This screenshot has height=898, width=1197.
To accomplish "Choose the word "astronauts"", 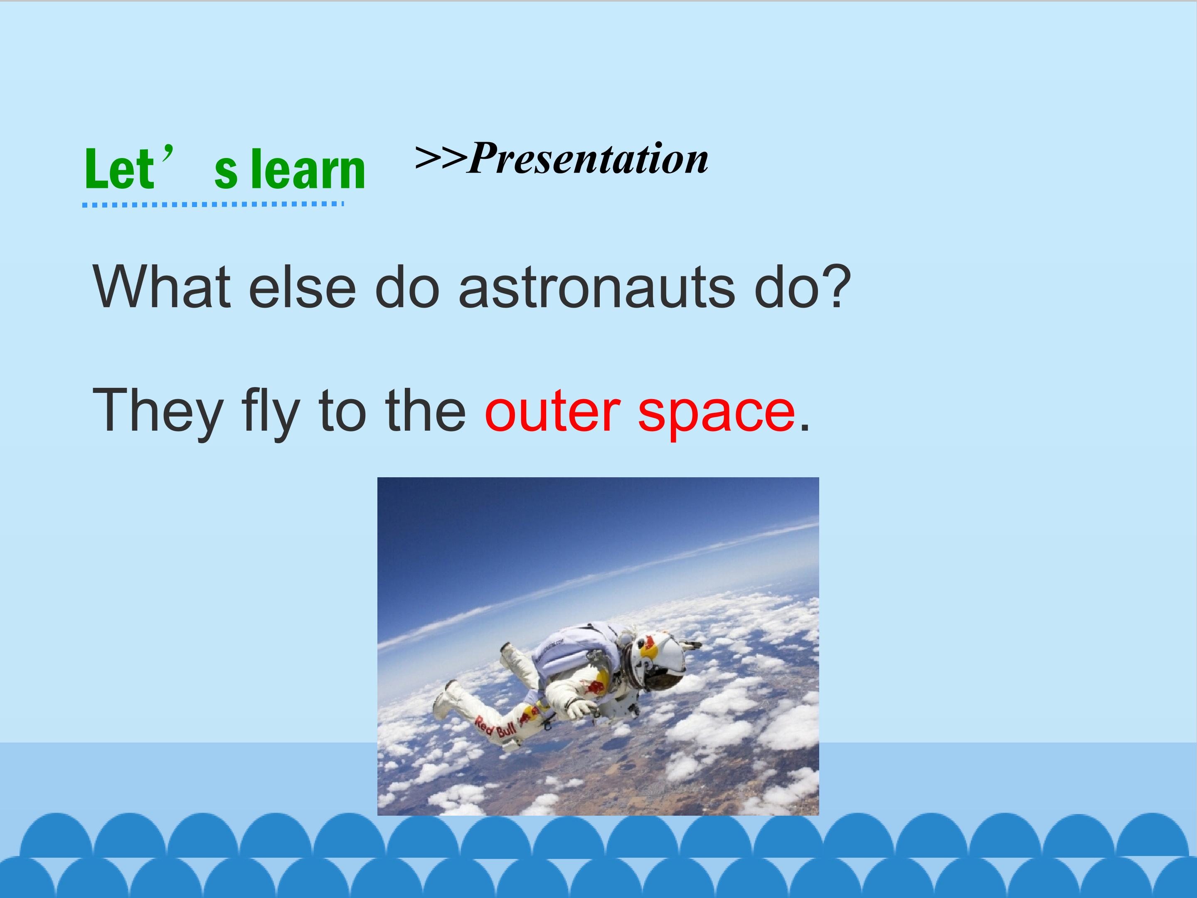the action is tap(597, 287).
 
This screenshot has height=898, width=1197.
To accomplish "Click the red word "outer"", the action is tap(552, 412).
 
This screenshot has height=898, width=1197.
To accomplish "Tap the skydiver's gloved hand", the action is tap(580, 707).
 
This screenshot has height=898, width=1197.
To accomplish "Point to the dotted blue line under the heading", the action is tap(213, 204).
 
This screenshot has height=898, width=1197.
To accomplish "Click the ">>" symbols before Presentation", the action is tap(441, 157).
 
